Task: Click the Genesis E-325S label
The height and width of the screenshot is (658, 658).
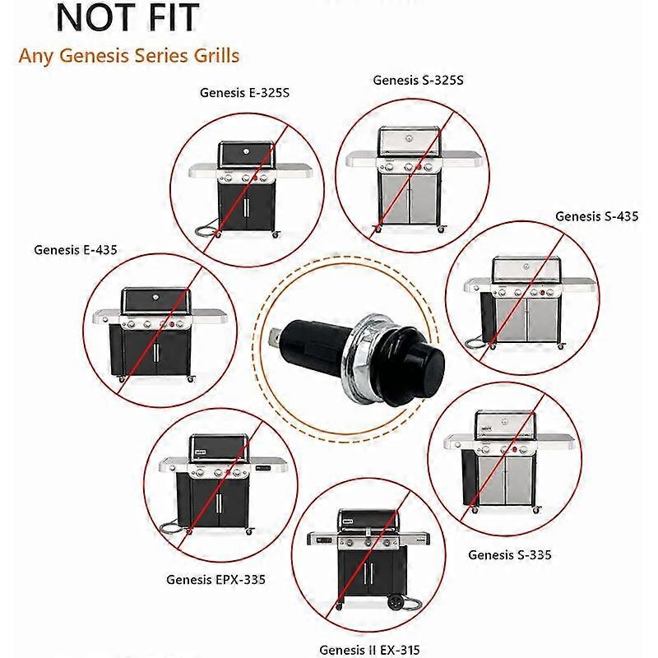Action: pyautogui.click(x=244, y=93)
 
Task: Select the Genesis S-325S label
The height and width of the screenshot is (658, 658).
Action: pyautogui.click(x=419, y=80)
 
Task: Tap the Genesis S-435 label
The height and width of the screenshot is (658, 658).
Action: pyautogui.click(x=597, y=216)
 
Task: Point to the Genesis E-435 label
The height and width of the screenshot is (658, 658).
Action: pyautogui.click(x=76, y=250)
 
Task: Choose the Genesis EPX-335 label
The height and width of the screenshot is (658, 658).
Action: pyautogui.click(x=216, y=580)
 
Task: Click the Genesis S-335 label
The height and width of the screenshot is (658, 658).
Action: pyautogui.click(x=510, y=554)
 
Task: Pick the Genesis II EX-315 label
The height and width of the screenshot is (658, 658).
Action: pyautogui.click(x=369, y=650)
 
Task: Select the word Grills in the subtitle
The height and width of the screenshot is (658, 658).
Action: pyautogui.click(x=217, y=55)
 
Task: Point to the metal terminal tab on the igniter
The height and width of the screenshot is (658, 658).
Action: pyautogui.click(x=276, y=336)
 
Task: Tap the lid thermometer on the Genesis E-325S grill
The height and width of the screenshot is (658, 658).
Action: pyautogui.click(x=246, y=150)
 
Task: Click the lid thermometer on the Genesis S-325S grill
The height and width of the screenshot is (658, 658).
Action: pyautogui.click(x=409, y=138)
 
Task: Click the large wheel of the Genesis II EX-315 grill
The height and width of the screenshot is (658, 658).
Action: pyautogui.click(x=396, y=602)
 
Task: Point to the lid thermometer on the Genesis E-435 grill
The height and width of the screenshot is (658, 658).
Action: pyautogui.click(x=155, y=297)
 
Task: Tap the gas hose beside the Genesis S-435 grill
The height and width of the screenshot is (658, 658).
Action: pyautogui.click(x=478, y=343)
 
